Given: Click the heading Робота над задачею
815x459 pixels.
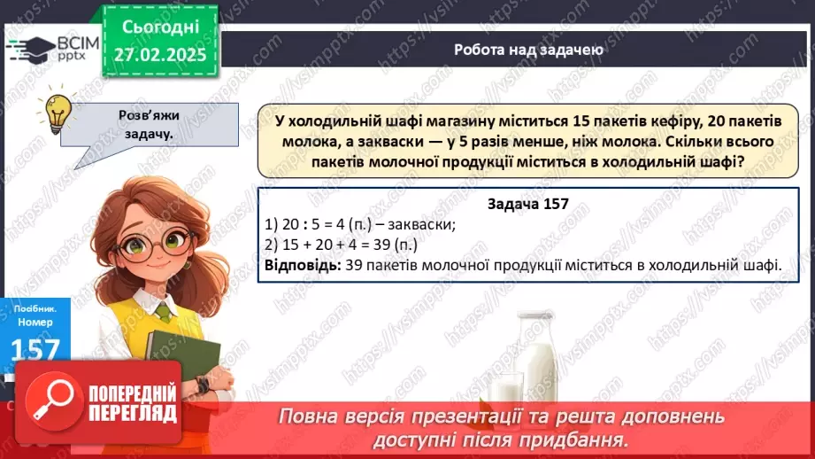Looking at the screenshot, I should tap(528, 50).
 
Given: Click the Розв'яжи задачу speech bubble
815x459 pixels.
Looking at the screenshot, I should tap(145, 124).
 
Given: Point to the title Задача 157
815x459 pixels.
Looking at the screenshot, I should tap(527, 205).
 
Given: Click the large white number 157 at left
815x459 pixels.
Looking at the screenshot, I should tap(35, 350).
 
